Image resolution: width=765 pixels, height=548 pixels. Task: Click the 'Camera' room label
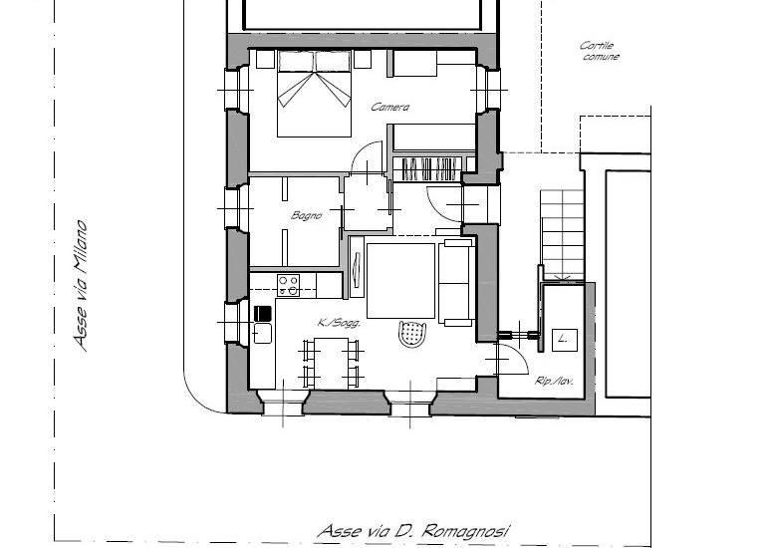pos(390,108)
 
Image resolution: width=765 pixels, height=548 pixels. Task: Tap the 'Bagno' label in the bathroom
pos(306,215)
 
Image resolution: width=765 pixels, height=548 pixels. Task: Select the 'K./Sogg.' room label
pos(339,323)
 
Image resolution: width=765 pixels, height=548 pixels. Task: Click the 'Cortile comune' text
pos(600,51)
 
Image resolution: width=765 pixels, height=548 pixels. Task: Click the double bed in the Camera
pos(314,95)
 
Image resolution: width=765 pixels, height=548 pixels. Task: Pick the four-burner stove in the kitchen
pos(289,285)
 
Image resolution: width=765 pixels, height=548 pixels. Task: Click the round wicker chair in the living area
pos(411,333)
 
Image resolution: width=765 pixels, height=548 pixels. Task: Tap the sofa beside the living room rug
pos(457,283)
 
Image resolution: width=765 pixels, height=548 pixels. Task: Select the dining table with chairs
pos(330,362)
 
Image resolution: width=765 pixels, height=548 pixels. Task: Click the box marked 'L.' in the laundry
pos(564,340)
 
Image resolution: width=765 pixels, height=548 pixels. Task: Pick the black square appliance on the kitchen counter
pos(263,313)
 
